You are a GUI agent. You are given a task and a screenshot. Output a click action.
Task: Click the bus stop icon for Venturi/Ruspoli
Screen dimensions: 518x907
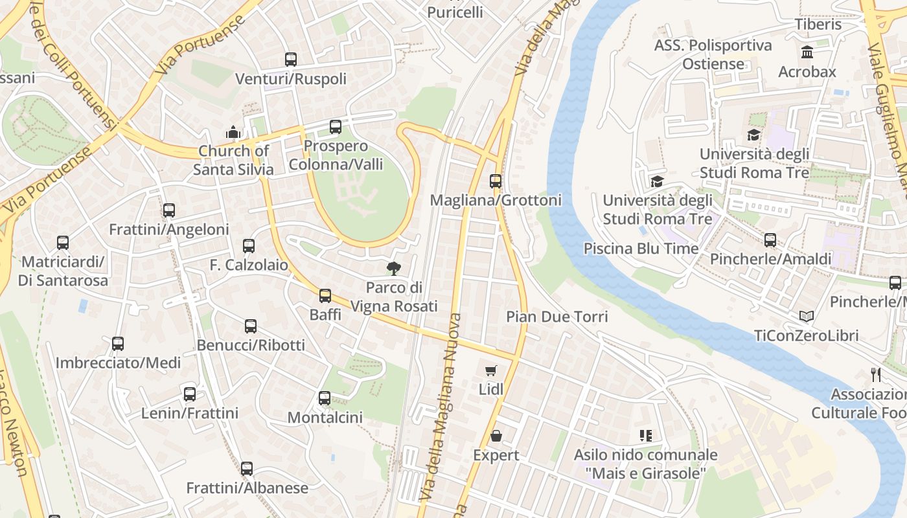click(291, 60)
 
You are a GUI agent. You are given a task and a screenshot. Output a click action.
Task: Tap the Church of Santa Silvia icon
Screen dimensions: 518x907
click(233, 132)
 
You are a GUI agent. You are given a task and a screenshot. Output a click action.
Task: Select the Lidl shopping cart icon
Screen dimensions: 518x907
click(491, 370)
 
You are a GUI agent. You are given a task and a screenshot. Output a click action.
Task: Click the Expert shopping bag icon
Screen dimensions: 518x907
click(496, 436)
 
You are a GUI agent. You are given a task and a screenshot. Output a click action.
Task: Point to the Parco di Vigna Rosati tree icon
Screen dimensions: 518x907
click(393, 268)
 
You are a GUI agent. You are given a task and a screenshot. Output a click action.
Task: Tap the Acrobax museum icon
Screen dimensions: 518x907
click(807, 52)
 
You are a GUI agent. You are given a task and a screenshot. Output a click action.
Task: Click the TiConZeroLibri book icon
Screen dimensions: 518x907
click(807, 316)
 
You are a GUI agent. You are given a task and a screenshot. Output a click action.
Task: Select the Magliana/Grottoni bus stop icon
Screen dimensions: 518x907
click(496, 181)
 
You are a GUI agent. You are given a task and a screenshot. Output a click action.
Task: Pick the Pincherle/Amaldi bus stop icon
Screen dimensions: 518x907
click(770, 240)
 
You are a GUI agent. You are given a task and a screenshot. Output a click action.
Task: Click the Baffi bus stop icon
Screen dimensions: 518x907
click(325, 296)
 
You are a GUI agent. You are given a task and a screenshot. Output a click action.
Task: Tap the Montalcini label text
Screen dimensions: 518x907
click(325, 418)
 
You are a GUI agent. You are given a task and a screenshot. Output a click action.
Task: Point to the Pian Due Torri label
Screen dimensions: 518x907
click(557, 317)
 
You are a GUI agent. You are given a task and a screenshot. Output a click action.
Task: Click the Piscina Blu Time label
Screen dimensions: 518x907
click(641, 249)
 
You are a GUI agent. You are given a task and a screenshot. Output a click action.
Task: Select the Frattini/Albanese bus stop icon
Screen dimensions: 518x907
click(247, 469)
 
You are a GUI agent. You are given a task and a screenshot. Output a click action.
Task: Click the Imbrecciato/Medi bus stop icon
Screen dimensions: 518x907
click(118, 344)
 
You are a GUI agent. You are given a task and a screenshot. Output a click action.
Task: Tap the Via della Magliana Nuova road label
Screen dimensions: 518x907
click(442, 408)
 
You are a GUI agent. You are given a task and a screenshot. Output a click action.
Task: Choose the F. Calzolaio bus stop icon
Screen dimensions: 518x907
click(249, 246)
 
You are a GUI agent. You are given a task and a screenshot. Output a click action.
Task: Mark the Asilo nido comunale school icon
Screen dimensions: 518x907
click(645, 436)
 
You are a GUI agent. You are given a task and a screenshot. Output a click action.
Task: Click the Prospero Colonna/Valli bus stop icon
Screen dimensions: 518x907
click(336, 127)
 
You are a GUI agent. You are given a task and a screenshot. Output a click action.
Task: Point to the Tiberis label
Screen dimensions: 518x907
click(818, 25)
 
